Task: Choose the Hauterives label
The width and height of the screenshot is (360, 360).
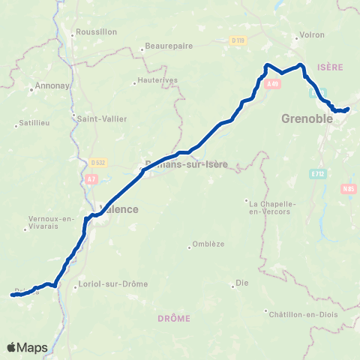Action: click(155, 82)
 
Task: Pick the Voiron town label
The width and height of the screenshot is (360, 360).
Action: click(311, 35)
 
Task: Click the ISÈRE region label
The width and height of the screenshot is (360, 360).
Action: click(330, 67)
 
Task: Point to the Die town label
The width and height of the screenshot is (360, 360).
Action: click(242, 283)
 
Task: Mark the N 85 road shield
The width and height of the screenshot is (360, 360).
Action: click(347, 189)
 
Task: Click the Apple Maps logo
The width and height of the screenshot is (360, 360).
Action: click(27, 347)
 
